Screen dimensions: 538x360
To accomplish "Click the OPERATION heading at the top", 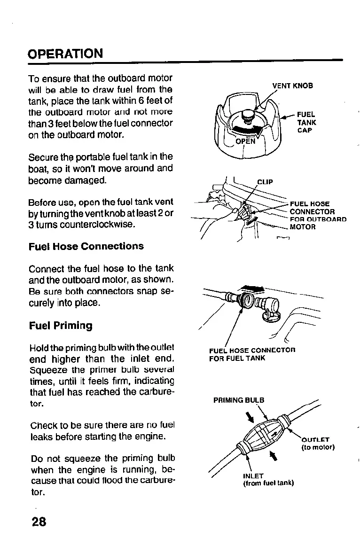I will (x=65, y=53).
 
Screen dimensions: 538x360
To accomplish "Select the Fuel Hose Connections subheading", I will (x=86, y=246).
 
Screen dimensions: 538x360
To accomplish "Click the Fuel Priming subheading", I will (x=61, y=326).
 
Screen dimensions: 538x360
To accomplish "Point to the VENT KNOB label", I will (x=292, y=86).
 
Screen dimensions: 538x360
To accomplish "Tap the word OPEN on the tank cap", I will (x=245, y=141).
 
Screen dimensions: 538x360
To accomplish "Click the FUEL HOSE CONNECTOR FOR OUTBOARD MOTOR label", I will (x=318, y=215).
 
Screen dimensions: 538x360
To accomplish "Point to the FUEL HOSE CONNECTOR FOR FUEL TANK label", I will (x=252, y=354).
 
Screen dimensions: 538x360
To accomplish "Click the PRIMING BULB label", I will (x=239, y=400).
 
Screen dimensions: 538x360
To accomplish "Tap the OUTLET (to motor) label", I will (x=317, y=444).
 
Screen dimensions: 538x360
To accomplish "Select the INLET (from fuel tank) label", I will (x=268, y=479).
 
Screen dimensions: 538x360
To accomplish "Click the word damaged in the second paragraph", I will (x=89, y=180).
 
